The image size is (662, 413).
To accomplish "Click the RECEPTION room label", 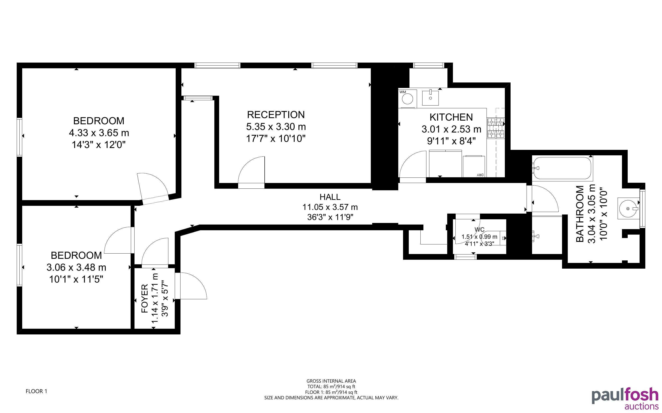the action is click(276, 115).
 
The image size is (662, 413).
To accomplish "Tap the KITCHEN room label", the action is click(451, 117).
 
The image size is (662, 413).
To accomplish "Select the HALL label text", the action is click(330, 197).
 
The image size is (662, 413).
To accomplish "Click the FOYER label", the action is click(144, 298).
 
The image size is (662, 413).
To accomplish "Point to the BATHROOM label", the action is click(580, 214).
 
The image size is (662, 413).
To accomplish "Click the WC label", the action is click(480, 229).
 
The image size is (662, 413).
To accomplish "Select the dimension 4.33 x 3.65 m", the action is click(99, 133).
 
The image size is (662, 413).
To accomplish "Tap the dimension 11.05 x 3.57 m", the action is click(330, 207).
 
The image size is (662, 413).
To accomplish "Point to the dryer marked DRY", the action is click(474, 166).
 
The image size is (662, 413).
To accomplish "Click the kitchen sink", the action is click(431, 98).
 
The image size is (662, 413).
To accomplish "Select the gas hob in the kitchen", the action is click(495, 127).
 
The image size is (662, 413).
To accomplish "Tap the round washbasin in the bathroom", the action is click(628, 209).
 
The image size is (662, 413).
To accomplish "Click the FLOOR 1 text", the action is click(36, 391).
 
